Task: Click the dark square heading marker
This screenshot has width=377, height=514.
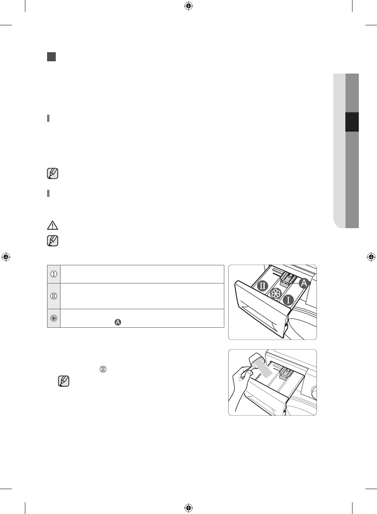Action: click(51, 57)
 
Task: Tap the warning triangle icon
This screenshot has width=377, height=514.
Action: click(53, 225)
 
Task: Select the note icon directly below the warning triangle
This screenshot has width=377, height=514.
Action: click(53, 241)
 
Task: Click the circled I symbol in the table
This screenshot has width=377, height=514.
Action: click(54, 274)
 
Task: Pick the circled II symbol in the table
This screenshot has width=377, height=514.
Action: click(54, 296)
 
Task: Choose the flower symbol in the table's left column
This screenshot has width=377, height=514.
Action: click(54, 318)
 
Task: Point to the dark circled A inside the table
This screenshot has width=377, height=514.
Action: click(118, 322)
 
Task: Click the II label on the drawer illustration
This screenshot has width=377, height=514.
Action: click(263, 286)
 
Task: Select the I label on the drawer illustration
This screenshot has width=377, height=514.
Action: click(288, 300)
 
